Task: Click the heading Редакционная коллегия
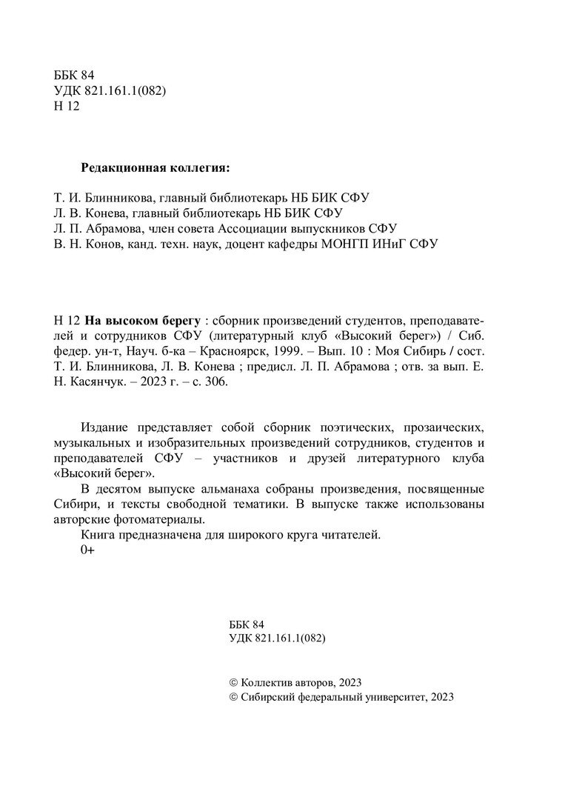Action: click(156, 168)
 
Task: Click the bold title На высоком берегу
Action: click(142, 321)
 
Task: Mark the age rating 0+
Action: click(87, 550)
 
